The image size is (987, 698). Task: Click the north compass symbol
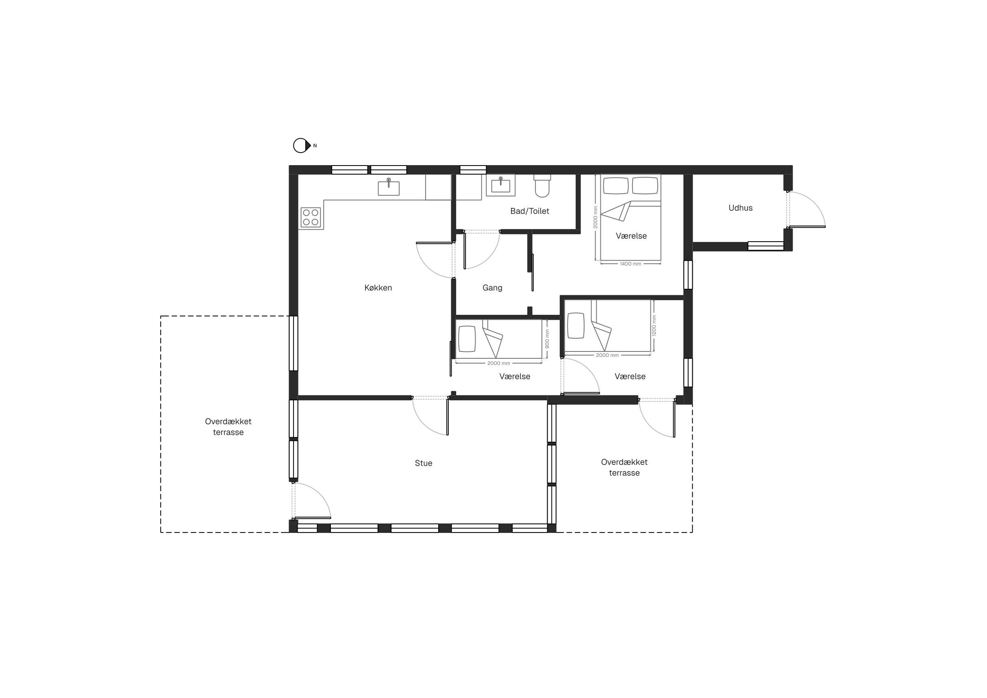[x=302, y=146]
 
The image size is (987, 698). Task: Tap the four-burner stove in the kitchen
[x=311, y=218]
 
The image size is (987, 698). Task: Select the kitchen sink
[x=389, y=187]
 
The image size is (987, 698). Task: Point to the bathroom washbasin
[x=501, y=185]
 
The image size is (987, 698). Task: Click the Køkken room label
[x=378, y=288]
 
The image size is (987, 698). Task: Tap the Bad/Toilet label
[x=530, y=211]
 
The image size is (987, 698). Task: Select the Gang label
[x=492, y=288]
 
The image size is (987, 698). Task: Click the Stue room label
[x=424, y=463]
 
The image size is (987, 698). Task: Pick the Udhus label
[x=740, y=208]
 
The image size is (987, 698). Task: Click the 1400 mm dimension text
[x=630, y=264]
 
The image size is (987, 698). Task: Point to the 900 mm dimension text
[x=547, y=339]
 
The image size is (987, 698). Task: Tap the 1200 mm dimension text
[x=654, y=325]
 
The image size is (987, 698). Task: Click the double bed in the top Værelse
[x=630, y=217]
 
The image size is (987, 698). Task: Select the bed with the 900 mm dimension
[x=499, y=339]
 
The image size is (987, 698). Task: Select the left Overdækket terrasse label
[x=228, y=427]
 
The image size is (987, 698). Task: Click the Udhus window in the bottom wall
[x=765, y=246]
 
